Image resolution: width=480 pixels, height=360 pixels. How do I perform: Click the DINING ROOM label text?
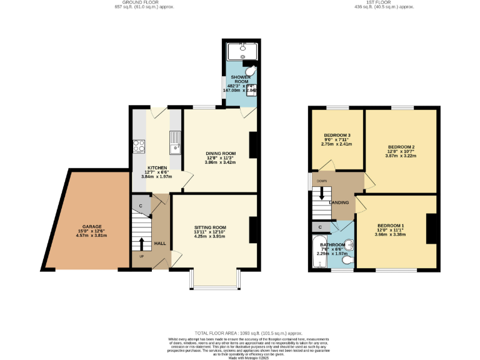pos(221,153)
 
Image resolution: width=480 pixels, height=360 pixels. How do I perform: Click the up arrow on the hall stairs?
pos(141,243)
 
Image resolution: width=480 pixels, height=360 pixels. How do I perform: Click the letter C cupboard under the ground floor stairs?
pos(141,206)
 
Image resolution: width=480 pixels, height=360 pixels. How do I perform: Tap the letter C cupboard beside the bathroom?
pos(320,227)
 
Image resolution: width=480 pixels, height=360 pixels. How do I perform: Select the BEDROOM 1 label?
pos(390,225)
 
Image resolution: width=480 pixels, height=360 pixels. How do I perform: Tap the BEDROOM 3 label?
pos(336,135)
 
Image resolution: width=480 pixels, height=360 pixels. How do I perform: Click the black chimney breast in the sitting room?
pos(253,229)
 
